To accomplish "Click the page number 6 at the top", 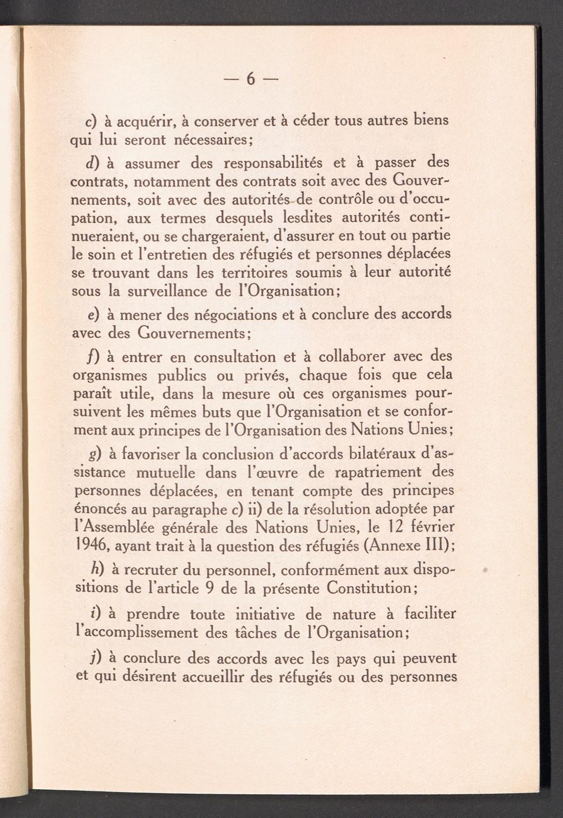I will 251,79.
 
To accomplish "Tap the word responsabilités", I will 273,163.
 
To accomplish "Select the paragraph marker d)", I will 92,163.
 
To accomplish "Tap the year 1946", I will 92,546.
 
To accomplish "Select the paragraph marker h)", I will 96,570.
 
